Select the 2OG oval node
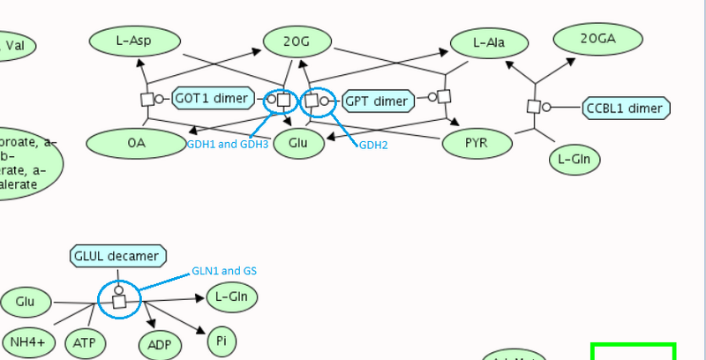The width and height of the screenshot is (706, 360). point(297,41)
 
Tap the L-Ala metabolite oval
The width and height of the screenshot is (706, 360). point(489,42)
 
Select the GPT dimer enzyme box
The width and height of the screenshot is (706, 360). point(377,101)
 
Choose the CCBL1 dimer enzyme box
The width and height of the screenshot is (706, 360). point(627,109)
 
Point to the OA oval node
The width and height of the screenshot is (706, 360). point(135,143)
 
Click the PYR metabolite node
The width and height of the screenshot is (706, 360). point(477,143)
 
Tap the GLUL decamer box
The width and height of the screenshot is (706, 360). point(117,257)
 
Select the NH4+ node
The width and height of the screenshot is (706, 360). point(28,341)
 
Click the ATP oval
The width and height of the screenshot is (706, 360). point(85,341)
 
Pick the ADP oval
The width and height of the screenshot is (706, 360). point(159,344)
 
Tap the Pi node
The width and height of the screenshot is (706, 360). point(222,340)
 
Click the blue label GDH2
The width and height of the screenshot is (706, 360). point(373,145)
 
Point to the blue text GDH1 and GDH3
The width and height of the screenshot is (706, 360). point(227,144)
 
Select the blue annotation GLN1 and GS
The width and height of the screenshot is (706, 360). point(224,271)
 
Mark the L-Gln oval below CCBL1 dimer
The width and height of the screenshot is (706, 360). point(575,160)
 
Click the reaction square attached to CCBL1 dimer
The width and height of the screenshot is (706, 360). point(534,107)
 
